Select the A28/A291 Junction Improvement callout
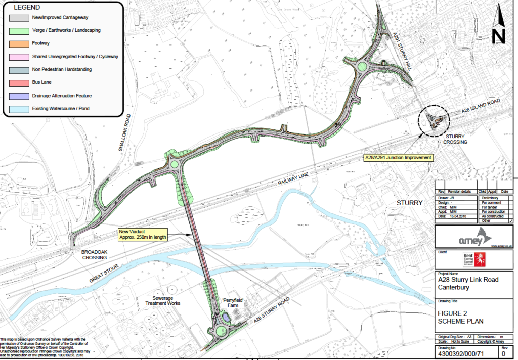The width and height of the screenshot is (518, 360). [x=399, y=158]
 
